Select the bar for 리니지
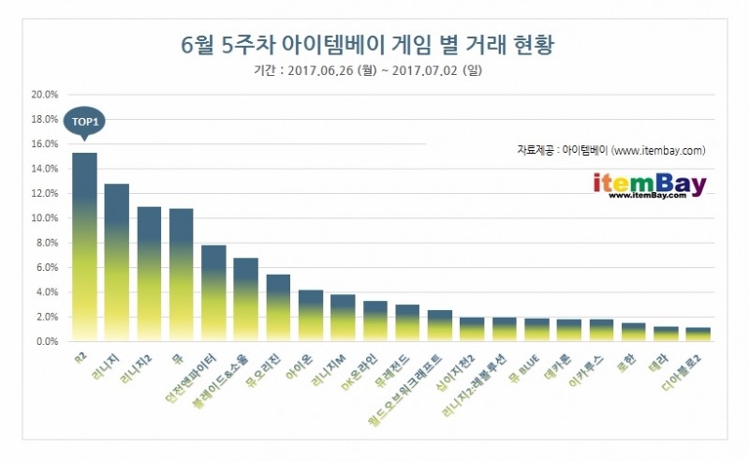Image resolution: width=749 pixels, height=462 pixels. [x=116, y=262]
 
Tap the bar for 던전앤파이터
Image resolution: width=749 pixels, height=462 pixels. [x=213, y=293]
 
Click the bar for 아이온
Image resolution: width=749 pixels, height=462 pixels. [x=311, y=316]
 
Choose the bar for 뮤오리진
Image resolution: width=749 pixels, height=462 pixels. [x=278, y=308]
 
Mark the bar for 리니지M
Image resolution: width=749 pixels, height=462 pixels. [x=343, y=318]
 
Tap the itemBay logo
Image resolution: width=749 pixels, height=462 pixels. [x=649, y=185]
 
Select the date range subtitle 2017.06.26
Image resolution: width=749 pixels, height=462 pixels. [x=374, y=69]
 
